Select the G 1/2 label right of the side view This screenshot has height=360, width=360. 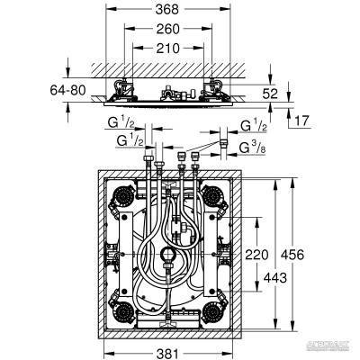pyautogui.click(x=253, y=125)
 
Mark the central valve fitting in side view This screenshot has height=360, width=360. pyautogui.click(x=168, y=93)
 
